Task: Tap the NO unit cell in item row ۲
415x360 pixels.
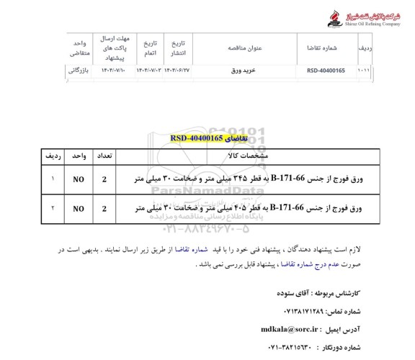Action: (x=77, y=209)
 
